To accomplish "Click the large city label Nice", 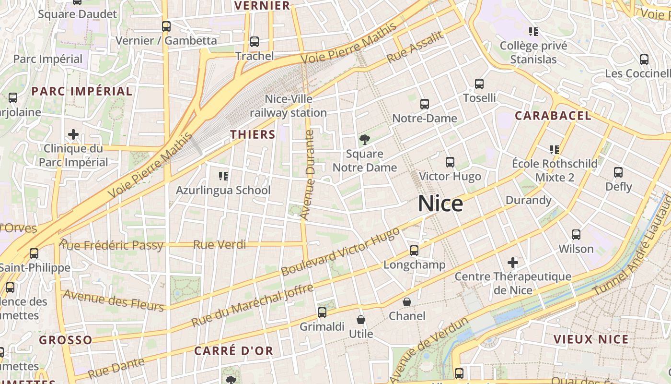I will [440, 204].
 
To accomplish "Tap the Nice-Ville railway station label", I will [288, 106].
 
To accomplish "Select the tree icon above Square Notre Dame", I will [365, 140].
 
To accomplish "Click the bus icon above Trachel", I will [255, 42].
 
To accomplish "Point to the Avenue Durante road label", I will [307, 175].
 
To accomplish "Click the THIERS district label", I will [253, 134].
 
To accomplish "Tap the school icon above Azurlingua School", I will [223, 176].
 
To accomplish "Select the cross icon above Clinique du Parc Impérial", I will [73, 134].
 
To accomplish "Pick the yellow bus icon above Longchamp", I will [414, 251].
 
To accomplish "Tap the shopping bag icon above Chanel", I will [407, 302].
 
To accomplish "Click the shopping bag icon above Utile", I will [361, 320].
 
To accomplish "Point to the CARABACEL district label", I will [553, 116].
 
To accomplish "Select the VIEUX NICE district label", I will [591, 339].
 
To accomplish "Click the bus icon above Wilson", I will [576, 235].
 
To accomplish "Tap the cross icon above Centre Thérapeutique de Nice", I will [513, 263].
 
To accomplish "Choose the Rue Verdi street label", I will [220, 245].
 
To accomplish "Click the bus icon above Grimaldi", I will [322, 312].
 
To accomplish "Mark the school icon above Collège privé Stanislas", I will [533, 32].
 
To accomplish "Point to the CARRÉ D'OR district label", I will [233, 351].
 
